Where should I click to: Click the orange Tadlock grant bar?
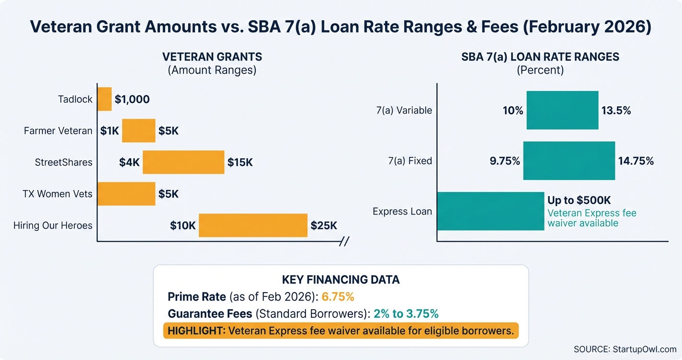pyautogui.click(x=104, y=99)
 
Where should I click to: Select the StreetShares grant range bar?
pyautogui.click(x=183, y=162)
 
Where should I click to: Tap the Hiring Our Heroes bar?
pyautogui.click(x=253, y=225)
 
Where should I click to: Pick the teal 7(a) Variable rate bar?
pyautogui.click(x=562, y=110)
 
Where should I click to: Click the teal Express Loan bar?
pyautogui.click(x=490, y=211)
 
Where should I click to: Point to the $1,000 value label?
pyautogui.click(x=132, y=100)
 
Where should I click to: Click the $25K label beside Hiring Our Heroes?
pyautogui.click(x=324, y=225)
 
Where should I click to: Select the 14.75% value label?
pyautogui.click(x=636, y=161)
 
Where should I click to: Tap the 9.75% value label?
pyautogui.click(x=505, y=161)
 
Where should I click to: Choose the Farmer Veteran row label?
pyautogui.click(x=58, y=131)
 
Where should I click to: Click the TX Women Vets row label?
pyautogui.click(x=57, y=194)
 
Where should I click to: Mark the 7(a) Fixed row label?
pyautogui.click(x=410, y=161)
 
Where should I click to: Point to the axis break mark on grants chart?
pyautogui.click(x=343, y=241)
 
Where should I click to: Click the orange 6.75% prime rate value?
pyautogui.click(x=338, y=297)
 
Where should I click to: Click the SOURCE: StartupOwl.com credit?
pyautogui.click(x=625, y=349)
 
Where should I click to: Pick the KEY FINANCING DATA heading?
pyautogui.click(x=341, y=280)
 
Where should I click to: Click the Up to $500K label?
pyautogui.click(x=579, y=200)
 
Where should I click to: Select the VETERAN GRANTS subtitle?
pyautogui.click(x=212, y=57)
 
